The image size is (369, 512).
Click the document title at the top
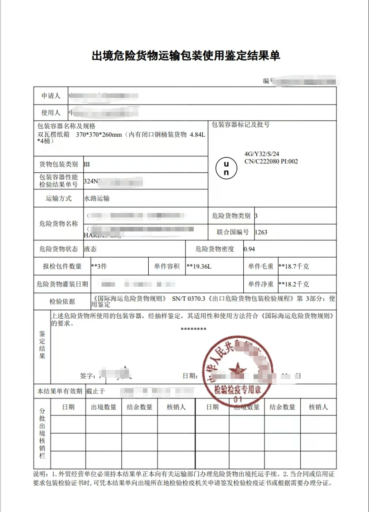coord(186,56)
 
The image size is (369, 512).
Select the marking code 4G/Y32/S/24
coord(262,154)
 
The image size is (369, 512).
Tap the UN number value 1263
coord(261,232)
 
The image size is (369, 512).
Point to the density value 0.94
coord(249,249)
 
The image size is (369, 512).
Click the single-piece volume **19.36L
coord(199,267)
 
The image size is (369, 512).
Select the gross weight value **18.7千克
coord(294,267)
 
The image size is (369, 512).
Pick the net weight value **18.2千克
coord(294,284)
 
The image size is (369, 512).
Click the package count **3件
coord(99,266)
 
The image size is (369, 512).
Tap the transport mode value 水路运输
coord(97,199)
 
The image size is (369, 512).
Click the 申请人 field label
coord(51,96)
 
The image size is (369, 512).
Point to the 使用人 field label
coord(51,113)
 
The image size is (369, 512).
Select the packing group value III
coord(87,164)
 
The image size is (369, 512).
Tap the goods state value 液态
coord(90,249)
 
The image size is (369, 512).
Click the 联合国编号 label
coord(233,232)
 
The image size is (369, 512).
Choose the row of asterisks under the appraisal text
coord(193,329)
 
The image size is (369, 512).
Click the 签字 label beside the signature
coord(88,375)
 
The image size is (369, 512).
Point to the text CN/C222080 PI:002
coord(271,161)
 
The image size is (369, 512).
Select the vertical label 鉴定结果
coord(42,345)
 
